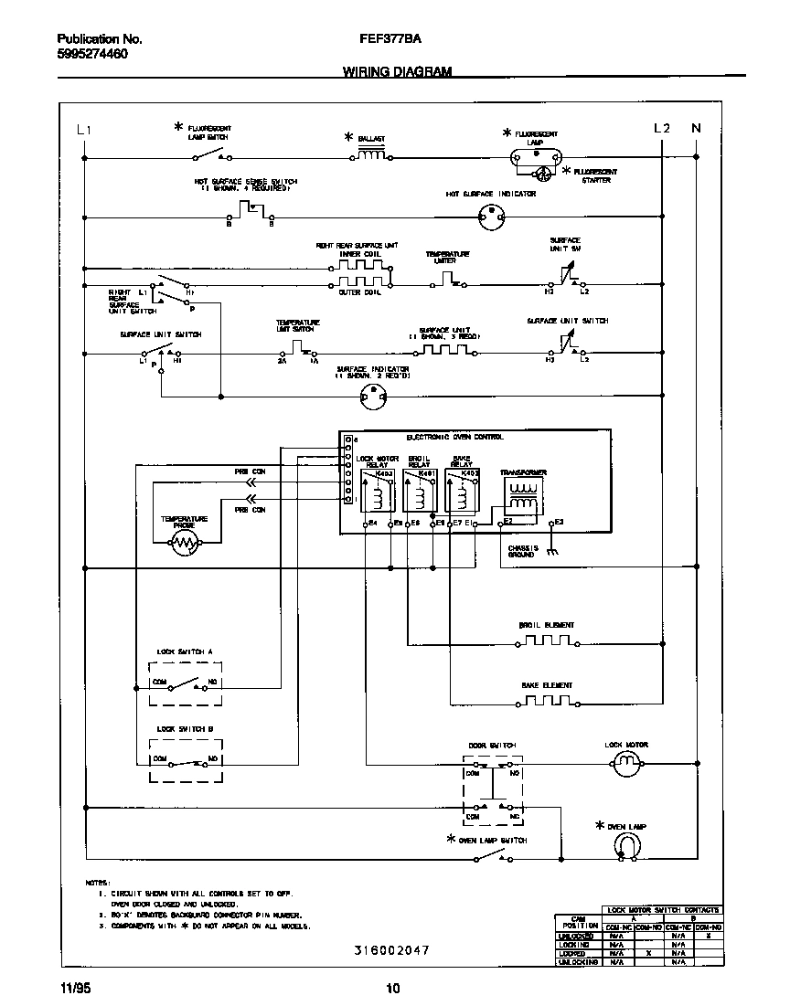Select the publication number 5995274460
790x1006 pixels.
92,54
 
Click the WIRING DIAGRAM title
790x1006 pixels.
397,71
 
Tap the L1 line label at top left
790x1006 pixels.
83,130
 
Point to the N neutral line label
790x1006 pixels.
696,129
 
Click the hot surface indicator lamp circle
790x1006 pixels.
492,217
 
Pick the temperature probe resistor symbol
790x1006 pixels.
185,545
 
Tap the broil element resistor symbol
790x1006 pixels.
547,642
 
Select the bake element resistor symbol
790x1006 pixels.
547,703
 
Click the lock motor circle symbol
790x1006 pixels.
627,764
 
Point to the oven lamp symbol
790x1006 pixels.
626,847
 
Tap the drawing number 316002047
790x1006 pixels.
391,950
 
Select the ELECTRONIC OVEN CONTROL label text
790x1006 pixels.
454,438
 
